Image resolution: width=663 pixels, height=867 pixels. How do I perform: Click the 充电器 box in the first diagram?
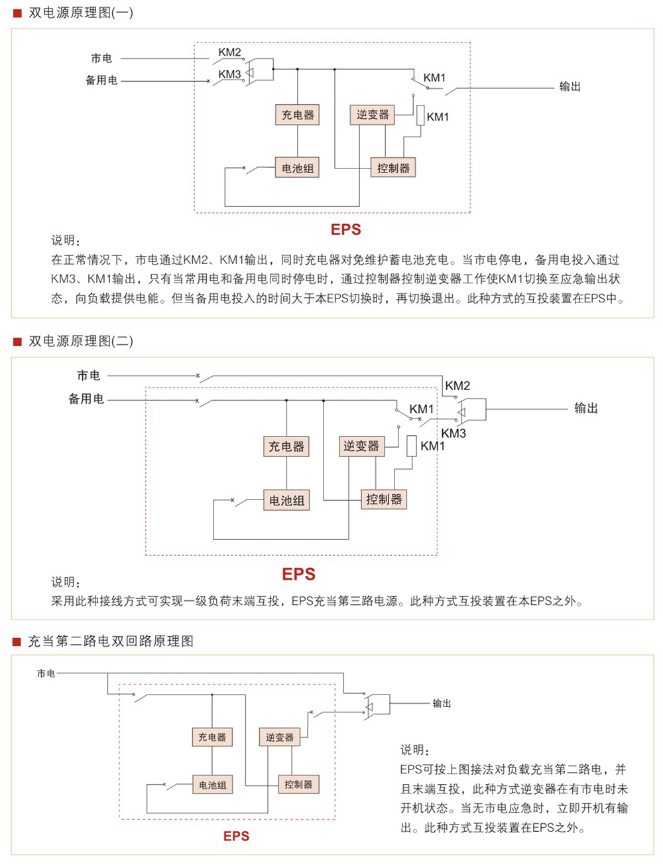(297, 115)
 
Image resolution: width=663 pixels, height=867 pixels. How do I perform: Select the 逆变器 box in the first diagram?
(373, 115)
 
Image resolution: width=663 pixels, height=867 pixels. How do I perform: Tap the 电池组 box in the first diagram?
(297, 168)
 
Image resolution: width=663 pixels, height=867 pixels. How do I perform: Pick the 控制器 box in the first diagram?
(393, 168)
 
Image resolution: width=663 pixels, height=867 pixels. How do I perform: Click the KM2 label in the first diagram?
(229, 52)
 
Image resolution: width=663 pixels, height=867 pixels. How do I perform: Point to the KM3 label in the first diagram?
(229, 74)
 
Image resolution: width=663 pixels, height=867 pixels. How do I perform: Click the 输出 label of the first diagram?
(570, 86)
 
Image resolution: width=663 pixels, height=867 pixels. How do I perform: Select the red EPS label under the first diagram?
(345, 230)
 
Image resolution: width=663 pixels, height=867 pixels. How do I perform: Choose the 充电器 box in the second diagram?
(286, 446)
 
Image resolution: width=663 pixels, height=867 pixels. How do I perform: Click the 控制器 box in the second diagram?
(384, 500)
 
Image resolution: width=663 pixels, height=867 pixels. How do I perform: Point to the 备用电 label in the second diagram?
(86, 399)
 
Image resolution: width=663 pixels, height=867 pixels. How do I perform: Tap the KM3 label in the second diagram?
(453, 433)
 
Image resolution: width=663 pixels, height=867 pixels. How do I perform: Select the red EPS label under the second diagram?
(298, 574)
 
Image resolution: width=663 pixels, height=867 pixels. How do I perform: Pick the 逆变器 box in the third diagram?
(279, 737)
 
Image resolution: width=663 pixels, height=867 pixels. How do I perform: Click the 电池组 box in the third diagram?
(213, 785)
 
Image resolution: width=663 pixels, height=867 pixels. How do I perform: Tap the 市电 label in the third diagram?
(46, 673)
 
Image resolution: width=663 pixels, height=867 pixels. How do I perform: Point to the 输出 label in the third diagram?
(442, 703)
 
